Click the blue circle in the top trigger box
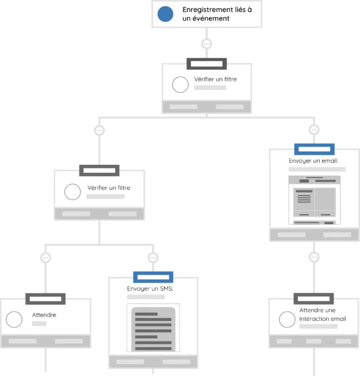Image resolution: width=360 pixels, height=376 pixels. tap(165, 14)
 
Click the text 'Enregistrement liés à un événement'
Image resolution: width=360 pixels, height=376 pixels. tap(217, 14)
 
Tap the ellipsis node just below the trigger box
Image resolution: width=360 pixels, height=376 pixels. tap(207, 44)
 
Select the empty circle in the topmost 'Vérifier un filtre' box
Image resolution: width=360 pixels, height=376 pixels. tap(180, 85)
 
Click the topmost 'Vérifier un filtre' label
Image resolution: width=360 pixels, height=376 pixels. tap(215, 79)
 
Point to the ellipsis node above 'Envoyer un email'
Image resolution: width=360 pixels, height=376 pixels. tap(314, 130)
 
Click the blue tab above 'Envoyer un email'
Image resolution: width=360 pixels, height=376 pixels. tap(314, 149)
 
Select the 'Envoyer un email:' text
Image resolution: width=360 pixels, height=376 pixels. tap(314, 160)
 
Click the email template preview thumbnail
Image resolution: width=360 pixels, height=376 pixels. tap(314, 200)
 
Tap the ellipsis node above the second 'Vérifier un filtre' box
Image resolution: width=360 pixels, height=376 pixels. tap(99, 130)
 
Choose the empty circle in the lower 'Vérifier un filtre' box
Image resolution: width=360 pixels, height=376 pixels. tap(73, 192)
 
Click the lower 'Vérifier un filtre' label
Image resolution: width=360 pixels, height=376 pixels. tap(109, 188)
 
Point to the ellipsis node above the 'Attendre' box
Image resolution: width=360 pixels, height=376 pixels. tap(46, 258)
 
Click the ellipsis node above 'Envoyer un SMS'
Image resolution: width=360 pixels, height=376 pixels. tap(153, 258)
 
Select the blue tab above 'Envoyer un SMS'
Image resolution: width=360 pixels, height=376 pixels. tap(153, 277)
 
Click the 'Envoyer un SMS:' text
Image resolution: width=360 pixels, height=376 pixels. tap(150, 288)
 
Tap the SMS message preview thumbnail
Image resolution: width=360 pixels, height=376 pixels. tap(153, 328)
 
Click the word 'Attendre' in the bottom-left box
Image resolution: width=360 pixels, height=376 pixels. tap(44, 315)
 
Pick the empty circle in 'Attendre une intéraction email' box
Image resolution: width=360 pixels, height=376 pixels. tap(287, 320)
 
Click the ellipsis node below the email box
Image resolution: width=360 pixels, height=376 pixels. tap(314, 258)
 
